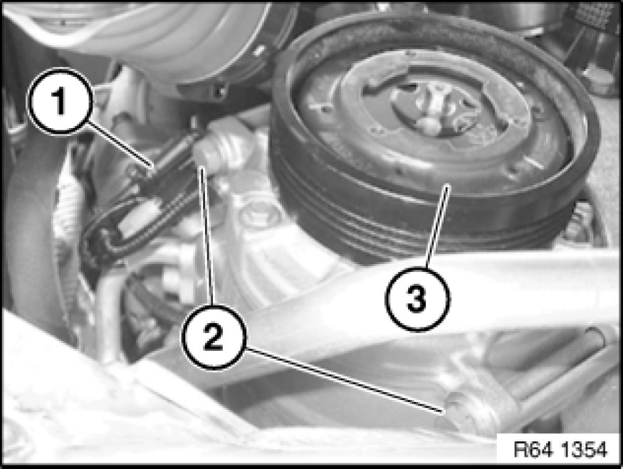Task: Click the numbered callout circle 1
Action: (61, 102)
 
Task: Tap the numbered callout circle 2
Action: (214, 336)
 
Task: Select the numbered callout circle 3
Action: (417, 299)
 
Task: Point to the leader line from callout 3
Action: (437, 226)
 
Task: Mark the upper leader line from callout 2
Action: (207, 236)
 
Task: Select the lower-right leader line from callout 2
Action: (344, 379)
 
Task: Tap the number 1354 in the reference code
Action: (584, 449)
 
